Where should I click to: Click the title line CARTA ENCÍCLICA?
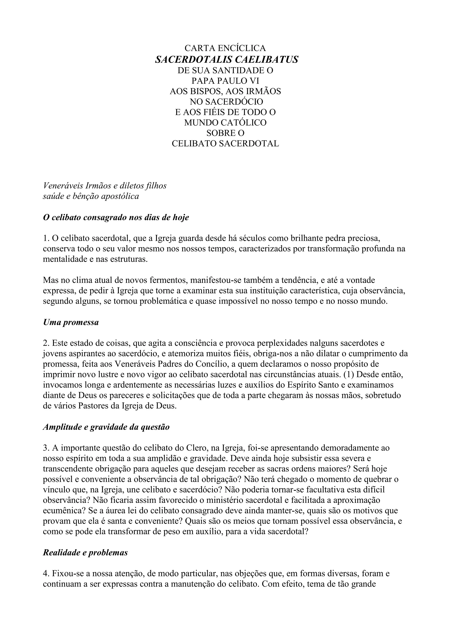(x=225, y=48)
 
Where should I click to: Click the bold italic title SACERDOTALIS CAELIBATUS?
(x=227, y=59)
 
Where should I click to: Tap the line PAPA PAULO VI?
(x=225, y=81)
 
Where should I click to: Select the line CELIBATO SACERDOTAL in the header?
(x=225, y=143)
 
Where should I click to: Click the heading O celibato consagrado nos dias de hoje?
(x=116, y=217)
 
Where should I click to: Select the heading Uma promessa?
(x=71, y=322)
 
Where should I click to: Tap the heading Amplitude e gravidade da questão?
(x=106, y=427)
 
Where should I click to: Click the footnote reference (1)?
(x=349, y=375)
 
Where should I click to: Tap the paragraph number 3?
(x=46, y=448)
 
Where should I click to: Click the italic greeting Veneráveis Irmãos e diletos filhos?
(x=105, y=186)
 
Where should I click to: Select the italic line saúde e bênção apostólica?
(x=91, y=196)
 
